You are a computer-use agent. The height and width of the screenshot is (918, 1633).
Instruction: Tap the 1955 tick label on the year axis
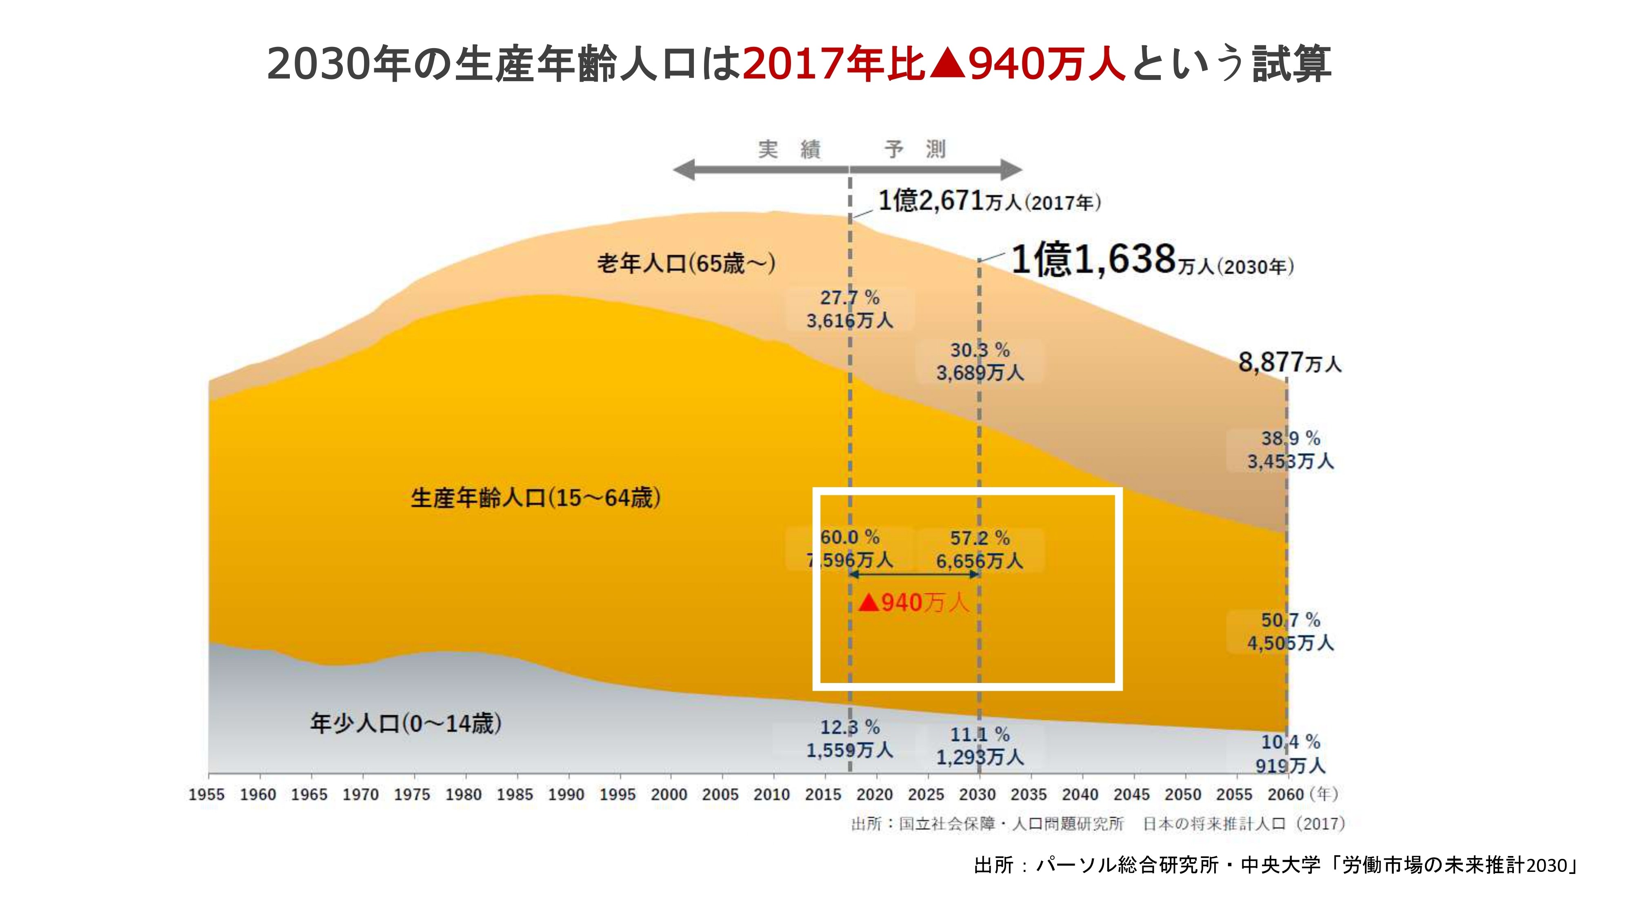point(206,794)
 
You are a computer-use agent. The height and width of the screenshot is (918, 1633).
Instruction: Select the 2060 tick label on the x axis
point(1286,794)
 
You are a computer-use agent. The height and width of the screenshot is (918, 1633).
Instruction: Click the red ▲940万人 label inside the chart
point(913,603)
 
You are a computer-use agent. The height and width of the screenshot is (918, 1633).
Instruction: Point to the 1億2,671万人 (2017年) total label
point(989,202)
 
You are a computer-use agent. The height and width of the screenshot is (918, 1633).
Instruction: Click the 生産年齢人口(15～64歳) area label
point(535,498)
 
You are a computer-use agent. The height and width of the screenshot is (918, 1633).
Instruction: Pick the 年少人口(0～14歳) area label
point(406,723)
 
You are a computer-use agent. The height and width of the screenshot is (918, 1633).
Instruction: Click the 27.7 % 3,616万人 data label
point(849,309)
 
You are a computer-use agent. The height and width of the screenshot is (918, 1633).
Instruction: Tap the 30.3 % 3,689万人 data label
point(980,361)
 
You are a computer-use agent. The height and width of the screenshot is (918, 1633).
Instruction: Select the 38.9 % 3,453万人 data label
point(1290,450)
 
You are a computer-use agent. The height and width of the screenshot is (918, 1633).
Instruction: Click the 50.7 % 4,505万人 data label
point(1290,632)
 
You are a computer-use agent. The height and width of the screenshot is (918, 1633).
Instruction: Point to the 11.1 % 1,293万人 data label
point(980,746)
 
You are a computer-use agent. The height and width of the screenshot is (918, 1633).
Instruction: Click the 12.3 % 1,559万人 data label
point(849,739)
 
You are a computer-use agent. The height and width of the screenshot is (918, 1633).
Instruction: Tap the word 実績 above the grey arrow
point(790,149)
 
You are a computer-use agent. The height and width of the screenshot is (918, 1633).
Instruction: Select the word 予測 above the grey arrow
point(915,149)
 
